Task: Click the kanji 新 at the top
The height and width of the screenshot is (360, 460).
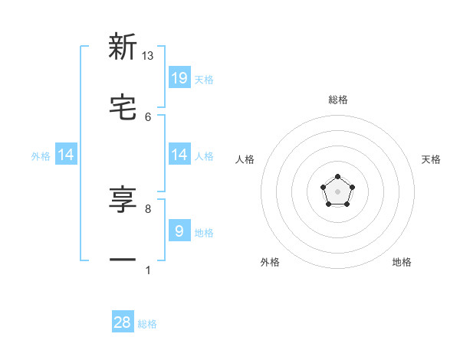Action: tap(123, 47)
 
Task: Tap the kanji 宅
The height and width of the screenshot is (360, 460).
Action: tap(123, 108)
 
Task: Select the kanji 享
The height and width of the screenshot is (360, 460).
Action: tap(123, 200)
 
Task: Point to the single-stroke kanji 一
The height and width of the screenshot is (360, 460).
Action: tap(123, 260)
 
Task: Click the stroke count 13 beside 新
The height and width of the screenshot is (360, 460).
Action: tap(148, 56)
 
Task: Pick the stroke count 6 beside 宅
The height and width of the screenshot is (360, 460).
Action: tap(148, 116)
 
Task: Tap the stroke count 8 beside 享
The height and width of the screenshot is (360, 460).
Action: tap(148, 208)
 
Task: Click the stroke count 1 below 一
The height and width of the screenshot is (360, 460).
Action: tap(148, 270)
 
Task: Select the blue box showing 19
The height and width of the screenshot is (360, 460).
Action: tap(179, 78)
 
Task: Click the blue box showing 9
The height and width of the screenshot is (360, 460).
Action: tap(179, 231)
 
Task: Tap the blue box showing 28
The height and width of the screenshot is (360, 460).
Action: tap(123, 322)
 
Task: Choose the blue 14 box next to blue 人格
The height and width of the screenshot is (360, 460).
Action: tap(179, 155)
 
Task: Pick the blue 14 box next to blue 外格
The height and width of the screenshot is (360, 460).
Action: tap(66, 155)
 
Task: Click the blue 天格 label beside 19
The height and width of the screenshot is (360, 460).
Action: tap(204, 79)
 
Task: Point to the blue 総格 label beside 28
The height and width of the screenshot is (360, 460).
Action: tap(147, 324)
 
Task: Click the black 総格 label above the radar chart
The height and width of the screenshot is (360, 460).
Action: tap(337, 100)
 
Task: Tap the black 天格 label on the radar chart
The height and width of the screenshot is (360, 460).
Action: tap(431, 159)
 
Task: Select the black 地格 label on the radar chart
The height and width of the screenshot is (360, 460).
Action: tap(402, 262)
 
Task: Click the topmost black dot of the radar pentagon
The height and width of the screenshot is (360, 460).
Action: tap(337, 177)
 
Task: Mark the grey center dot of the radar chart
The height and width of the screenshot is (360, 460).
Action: tap(337, 191)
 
